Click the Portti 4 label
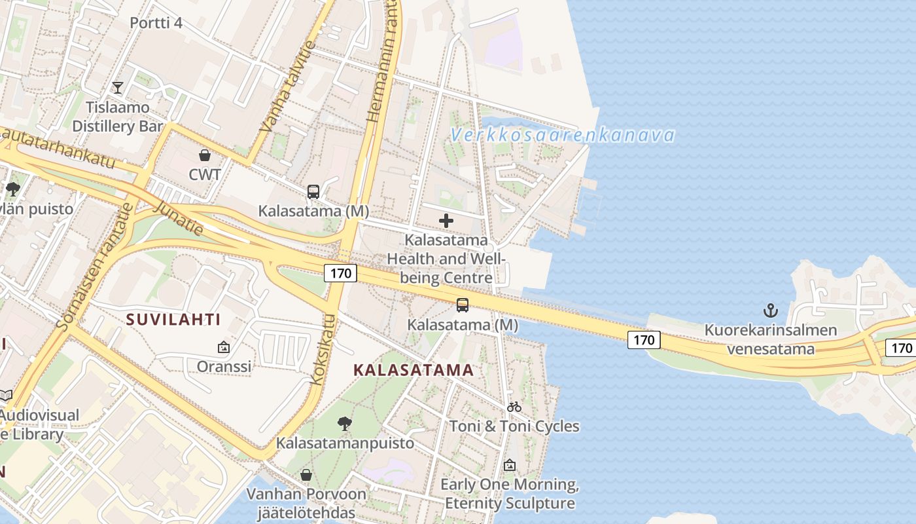156,23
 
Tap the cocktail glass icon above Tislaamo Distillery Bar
118,87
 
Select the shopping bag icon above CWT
205,155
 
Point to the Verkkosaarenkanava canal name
563,136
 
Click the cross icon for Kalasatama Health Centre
446,221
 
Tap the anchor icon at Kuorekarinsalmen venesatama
771,310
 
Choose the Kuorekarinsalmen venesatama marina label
771,339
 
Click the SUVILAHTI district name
173,320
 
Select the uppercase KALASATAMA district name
413,370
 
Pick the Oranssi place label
224,366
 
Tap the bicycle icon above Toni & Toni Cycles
514,407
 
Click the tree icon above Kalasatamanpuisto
345,424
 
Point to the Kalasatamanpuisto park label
345,443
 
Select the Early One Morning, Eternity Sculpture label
510,494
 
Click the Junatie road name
178,216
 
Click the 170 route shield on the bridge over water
644,340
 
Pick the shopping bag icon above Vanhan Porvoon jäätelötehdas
306,475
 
